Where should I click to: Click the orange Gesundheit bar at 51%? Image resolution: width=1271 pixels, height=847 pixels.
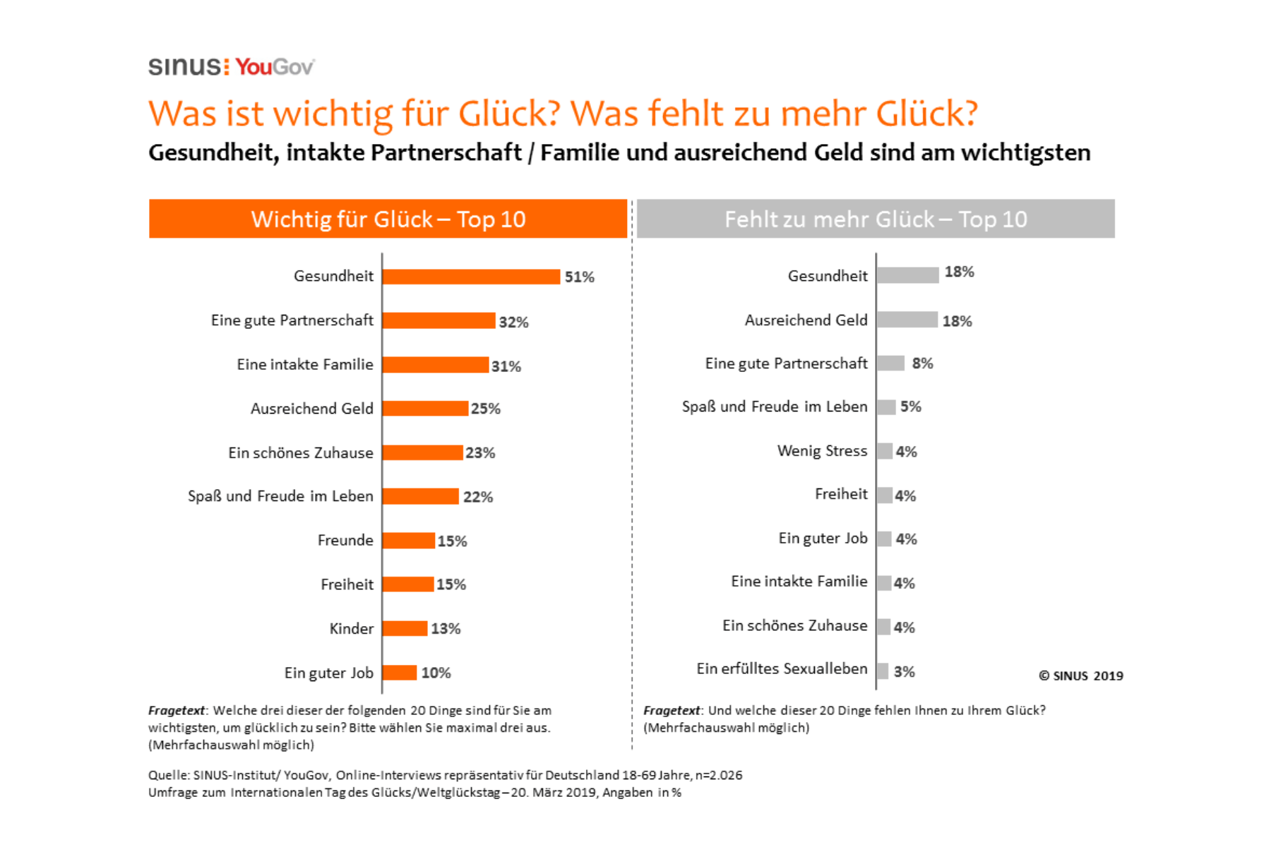click(471, 277)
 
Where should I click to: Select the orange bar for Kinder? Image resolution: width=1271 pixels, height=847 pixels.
click(405, 628)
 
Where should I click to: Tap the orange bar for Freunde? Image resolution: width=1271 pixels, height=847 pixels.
click(408, 541)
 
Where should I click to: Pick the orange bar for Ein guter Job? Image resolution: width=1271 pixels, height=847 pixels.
click(400, 673)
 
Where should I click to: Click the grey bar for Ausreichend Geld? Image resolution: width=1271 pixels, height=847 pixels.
click(907, 320)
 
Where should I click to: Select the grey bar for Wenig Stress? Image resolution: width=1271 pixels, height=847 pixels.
click(885, 451)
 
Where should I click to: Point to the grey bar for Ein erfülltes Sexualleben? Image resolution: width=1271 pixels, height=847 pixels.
click(883, 671)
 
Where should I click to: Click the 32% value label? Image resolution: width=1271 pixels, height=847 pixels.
click(513, 322)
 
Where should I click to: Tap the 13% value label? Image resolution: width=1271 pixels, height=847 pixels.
click(446, 628)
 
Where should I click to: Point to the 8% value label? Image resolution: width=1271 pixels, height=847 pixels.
click(922, 364)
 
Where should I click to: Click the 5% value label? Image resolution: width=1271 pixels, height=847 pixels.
click(910, 407)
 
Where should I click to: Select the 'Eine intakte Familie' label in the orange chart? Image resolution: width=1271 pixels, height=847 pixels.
click(305, 365)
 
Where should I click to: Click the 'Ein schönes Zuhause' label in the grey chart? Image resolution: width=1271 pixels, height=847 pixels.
click(794, 625)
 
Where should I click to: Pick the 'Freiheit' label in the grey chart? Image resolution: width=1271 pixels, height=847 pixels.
click(840, 494)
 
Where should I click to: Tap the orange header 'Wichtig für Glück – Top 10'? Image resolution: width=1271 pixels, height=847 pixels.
click(388, 219)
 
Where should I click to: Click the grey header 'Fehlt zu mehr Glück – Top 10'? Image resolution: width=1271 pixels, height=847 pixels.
click(876, 219)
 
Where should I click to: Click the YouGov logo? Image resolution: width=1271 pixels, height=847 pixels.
click(275, 67)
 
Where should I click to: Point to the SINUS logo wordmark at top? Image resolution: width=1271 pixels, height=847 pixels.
click(185, 67)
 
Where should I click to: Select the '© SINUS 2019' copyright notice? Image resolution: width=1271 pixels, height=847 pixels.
click(1080, 675)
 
